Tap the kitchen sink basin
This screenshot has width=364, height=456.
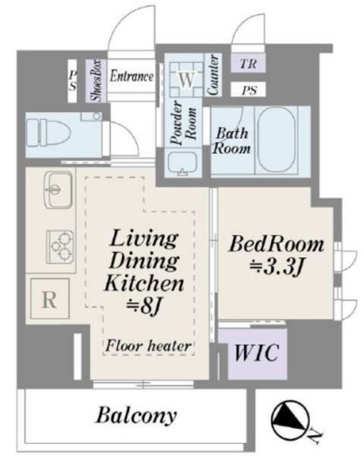pos(59,190)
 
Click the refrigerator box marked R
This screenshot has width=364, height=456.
pos(50,299)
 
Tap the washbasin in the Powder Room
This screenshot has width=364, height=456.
pos(182,164)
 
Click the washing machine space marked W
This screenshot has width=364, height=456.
pos(186,79)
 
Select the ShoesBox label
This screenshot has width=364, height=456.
pos(96,81)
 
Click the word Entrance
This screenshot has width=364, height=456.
pos(131,76)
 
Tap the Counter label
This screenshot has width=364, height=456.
pos(213,75)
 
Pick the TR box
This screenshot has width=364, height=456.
pos(248,63)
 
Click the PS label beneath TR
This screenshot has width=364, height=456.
pos(249,90)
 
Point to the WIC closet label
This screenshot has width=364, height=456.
pos(257,353)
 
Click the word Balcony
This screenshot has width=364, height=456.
pos(136,416)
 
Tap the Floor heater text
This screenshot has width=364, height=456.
pos(148,346)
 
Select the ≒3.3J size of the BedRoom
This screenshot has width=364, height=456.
pos(277,267)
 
